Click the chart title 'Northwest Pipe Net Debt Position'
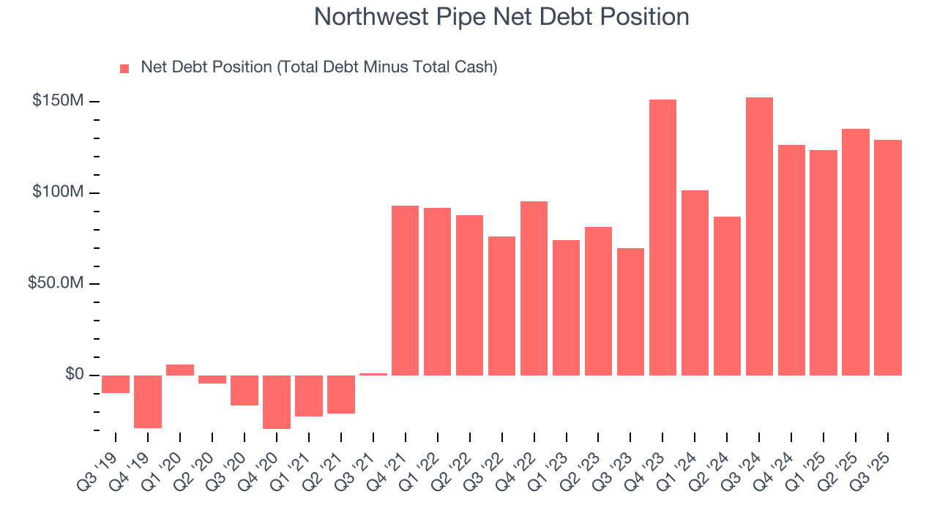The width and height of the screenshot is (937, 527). [501, 17]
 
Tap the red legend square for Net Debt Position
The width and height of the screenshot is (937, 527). [124, 68]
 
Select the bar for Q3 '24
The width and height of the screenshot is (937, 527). [759, 236]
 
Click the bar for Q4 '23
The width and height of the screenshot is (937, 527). [662, 237]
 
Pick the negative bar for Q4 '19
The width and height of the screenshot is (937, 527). [148, 401]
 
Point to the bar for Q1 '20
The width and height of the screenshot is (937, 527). [180, 370]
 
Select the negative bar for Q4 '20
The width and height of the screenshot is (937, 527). [277, 402]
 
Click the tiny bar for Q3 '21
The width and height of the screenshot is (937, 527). [373, 374]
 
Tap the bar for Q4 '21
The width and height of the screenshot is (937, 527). [405, 291]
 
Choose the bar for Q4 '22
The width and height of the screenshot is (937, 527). [534, 288]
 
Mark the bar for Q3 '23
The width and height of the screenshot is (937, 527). [630, 312]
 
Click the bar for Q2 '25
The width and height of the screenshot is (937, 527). [856, 252]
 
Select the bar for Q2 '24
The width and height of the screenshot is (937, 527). [727, 296]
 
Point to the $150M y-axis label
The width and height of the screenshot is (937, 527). [58, 101]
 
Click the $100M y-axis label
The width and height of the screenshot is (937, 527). [58, 193]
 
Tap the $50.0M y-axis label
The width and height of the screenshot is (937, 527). [56, 284]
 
